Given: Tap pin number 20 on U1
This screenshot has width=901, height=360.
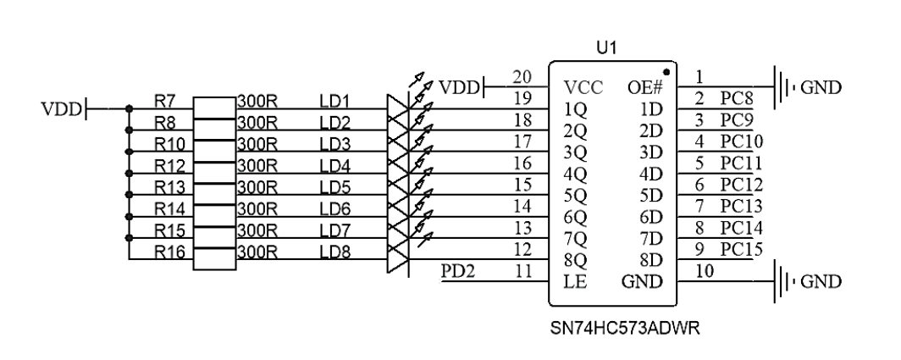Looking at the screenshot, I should click(522, 76).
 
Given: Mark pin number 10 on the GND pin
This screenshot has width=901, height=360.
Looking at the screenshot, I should click(704, 270).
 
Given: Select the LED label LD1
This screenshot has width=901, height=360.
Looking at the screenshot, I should click(334, 102).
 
